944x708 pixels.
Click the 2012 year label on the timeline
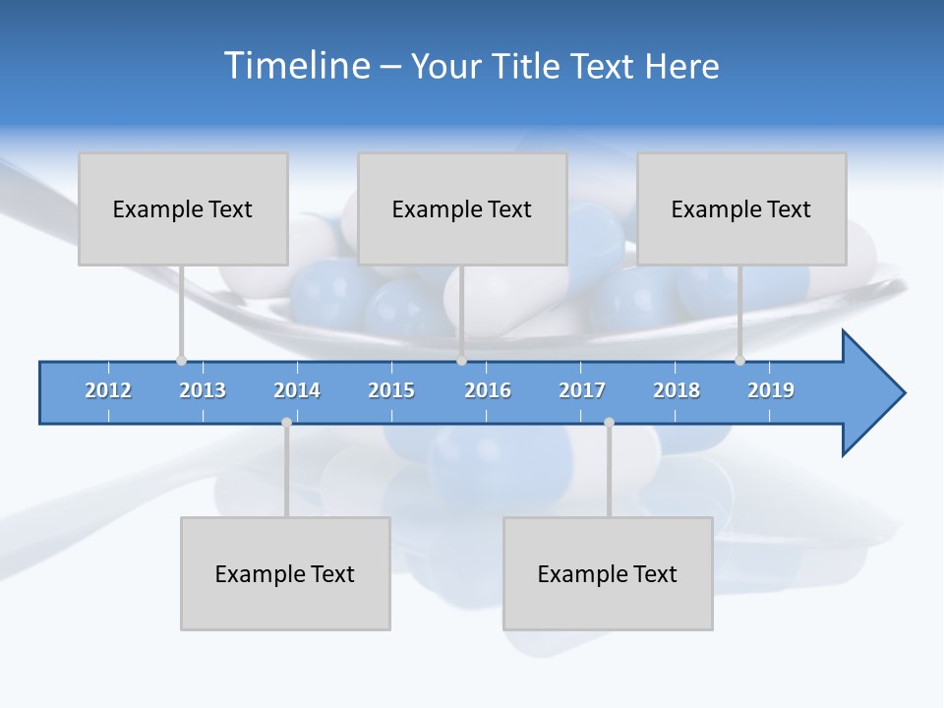[108, 390]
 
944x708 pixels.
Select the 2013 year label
[203, 390]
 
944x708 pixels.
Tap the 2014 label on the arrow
[297, 390]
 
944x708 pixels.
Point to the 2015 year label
[391, 390]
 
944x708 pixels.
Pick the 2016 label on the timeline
[488, 390]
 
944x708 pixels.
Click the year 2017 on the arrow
[582, 390]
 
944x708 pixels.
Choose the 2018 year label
[677, 390]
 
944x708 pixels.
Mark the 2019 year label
[771, 390]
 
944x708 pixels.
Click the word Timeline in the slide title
[295, 66]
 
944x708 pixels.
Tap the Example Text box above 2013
[183, 208]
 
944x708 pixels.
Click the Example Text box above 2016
[462, 208]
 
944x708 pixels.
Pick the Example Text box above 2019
[741, 208]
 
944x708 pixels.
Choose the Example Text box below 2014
[285, 573]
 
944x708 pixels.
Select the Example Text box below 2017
[608, 573]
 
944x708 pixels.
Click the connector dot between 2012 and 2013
[181, 361]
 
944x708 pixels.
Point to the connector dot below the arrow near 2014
[286, 423]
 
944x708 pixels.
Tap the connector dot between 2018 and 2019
[739, 361]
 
